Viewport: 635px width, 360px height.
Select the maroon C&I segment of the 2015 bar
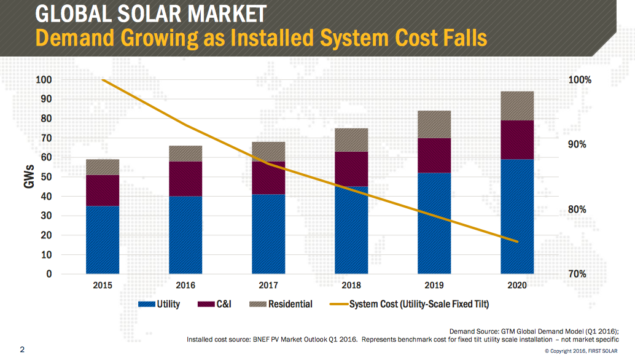103,190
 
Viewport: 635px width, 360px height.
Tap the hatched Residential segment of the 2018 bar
351,140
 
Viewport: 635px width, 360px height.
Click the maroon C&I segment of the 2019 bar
434,155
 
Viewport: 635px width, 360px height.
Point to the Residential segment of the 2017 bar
268,152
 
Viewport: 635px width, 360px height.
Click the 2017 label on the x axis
268,286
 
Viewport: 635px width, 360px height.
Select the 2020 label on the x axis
517,286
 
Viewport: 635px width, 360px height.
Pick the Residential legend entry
282,304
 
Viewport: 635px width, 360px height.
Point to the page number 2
22,350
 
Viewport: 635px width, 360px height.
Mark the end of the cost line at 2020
517,241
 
